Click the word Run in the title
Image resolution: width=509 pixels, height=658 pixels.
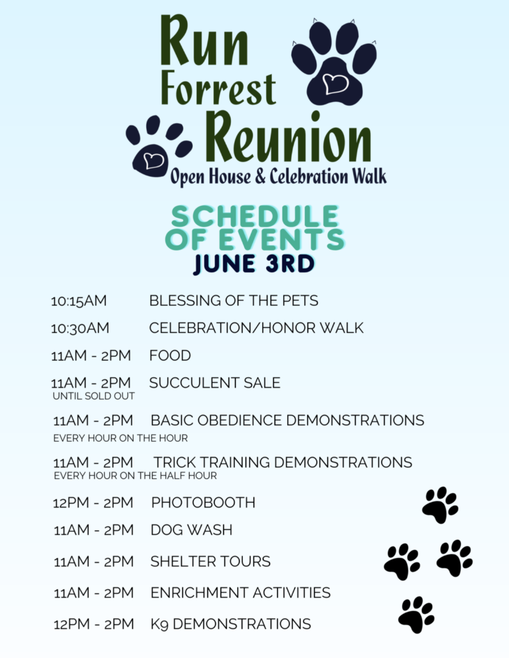[204, 41]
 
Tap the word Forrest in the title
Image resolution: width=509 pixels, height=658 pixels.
[219, 89]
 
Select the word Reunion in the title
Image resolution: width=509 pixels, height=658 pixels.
[289, 137]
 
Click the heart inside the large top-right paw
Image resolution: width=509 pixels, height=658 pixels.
[336, 83]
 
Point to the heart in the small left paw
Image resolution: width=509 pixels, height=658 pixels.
[153, 160]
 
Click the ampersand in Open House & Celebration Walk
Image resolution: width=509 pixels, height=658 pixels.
[260, 176]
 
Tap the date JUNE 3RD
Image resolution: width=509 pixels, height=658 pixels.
[254, 265]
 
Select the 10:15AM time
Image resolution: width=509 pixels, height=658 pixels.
[78, 301]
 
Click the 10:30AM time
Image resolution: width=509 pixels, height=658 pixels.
[80, 328]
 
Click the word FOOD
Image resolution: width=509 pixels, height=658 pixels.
[170, 355]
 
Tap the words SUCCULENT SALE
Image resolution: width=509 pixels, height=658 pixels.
[215, 383]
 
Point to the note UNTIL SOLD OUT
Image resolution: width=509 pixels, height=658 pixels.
[94, 396]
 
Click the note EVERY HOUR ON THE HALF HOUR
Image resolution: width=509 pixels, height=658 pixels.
[135, 476]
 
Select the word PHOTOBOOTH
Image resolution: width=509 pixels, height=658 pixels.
[203, 502]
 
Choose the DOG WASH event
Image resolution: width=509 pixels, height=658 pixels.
[192, 530]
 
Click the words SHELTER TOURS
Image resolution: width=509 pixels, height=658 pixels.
[211, 561]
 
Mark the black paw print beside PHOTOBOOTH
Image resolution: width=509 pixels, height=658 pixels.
[440, 505]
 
